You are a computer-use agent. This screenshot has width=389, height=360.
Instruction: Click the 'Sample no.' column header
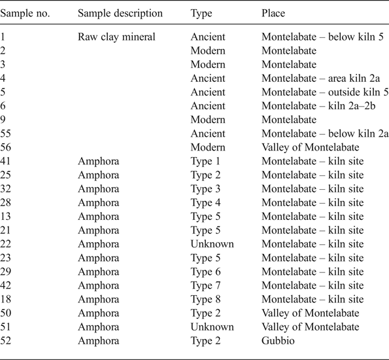pos(27,13)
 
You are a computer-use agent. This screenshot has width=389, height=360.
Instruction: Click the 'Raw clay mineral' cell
pos(116,37)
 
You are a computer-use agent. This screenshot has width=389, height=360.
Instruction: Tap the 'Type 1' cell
pos(206,161)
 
